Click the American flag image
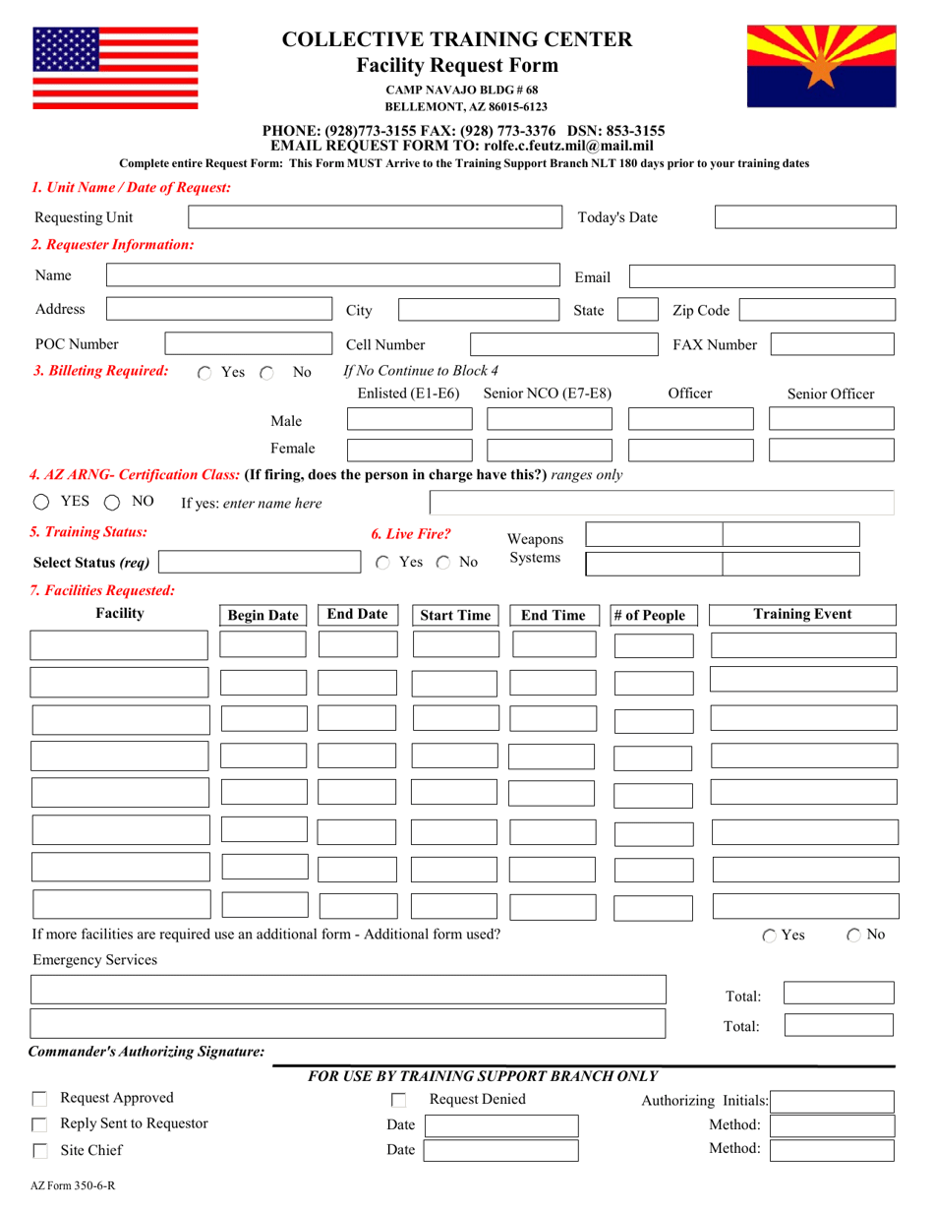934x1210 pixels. point(115,65)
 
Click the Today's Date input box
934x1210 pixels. point(804,217)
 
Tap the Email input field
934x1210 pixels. point(761,277)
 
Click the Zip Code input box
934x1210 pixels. point(817,311)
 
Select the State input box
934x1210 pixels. point(637,311)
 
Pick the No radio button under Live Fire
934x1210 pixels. point(443,563)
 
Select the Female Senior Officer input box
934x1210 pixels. point(832,451)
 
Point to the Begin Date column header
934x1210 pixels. point(263,616)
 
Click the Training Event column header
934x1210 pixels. point(802,615)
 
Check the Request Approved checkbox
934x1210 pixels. point(40,1099)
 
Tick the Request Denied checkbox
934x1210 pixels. point(399,1101)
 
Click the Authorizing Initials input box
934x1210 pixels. point(833,1101)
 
